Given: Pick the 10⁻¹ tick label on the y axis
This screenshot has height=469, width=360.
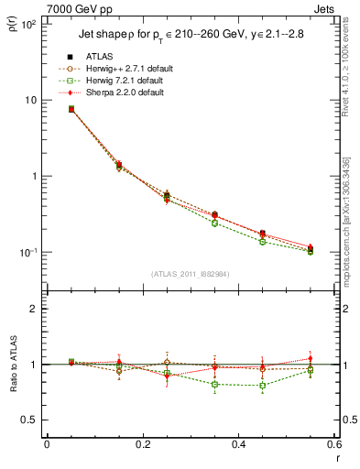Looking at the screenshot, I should click(x=27, y=253).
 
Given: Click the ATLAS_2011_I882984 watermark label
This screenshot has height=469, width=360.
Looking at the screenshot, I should click(x=191, y=275).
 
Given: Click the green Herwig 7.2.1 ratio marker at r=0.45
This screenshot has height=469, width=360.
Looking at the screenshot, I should click(x=264, y=385).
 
